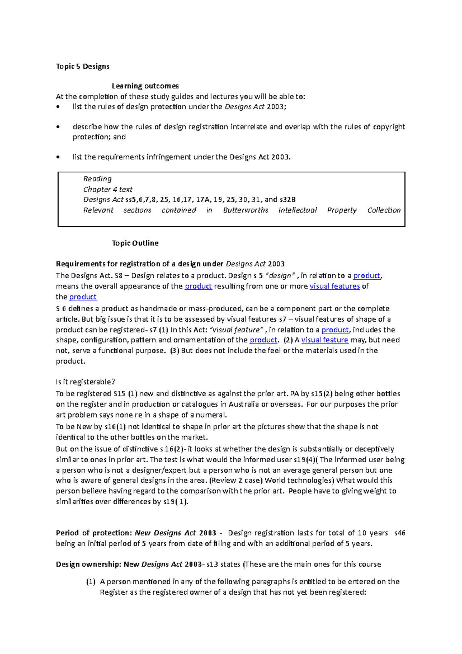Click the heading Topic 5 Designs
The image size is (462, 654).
[x=82, y=66]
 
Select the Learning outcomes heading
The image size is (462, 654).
[x=145, y=86]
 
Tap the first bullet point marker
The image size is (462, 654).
[x=58, y=107]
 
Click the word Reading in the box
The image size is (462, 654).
[x=97, y=179]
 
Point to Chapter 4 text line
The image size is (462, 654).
[x=108, y=189]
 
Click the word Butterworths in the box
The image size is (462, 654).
[x=246, y=210]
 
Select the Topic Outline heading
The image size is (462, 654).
[x=135, y=243]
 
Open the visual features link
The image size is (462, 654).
[x=335, y=286]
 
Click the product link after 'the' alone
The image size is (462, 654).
[x=83, y=297]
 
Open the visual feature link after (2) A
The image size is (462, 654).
[x=325, y=340]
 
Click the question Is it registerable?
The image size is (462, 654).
[x=85, y=382]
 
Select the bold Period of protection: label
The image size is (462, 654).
[x=94, y=533]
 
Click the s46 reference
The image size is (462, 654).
[x=400, y=533]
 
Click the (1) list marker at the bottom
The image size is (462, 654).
[x=90, y=582]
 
